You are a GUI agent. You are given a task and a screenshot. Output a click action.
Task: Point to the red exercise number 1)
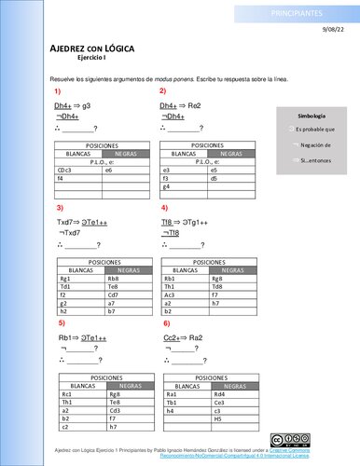point(58,91)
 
